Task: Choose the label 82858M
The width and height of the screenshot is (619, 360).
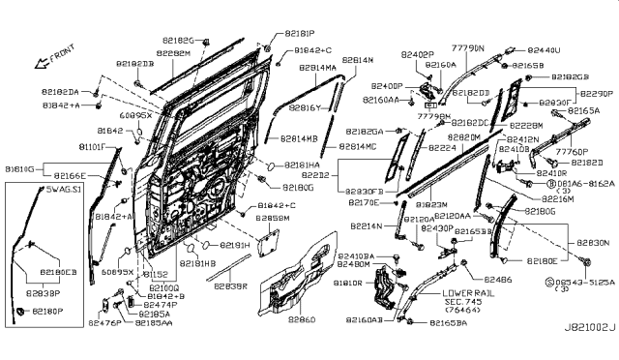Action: point(274,219)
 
